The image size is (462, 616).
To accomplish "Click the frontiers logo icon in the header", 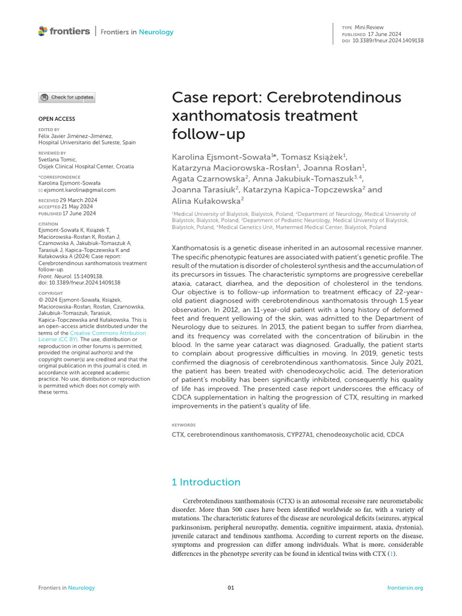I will (42, 31).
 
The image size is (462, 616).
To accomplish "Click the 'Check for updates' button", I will (67, 97).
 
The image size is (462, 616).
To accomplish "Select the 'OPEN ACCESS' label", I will (57, 119).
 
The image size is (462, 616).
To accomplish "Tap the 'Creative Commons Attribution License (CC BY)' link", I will (107, 336).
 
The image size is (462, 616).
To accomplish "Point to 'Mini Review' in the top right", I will (371, 28).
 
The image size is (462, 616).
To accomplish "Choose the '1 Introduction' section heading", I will (206, 482).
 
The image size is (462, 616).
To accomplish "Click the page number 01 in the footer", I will (231, 588).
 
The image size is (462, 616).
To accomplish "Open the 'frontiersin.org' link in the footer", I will (405, 588).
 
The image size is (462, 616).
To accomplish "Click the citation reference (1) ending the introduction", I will (392, 553).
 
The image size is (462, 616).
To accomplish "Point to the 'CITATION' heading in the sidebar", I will (48, 224).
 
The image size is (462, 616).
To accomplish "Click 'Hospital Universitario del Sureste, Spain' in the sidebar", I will (87, 143).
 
